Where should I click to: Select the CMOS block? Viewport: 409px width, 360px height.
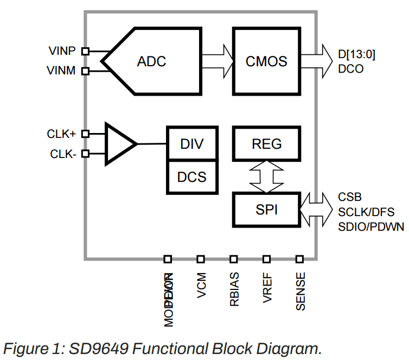266,61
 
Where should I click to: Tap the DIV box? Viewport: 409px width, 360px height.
191,144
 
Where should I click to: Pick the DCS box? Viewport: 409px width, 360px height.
191,177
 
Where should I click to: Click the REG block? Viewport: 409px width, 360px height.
266,144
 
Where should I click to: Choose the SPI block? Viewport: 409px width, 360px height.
266,209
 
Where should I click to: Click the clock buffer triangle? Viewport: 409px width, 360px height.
119,144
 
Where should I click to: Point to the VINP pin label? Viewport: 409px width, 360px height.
61,52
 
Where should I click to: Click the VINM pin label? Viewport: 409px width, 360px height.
61,71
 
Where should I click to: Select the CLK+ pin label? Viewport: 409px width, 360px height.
61,134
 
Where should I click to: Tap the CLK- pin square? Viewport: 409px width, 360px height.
85,154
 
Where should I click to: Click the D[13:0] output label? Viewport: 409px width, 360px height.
356,54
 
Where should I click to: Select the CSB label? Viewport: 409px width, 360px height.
350,197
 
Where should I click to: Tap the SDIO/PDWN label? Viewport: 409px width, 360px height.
370,226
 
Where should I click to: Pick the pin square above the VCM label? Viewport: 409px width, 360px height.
201,259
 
